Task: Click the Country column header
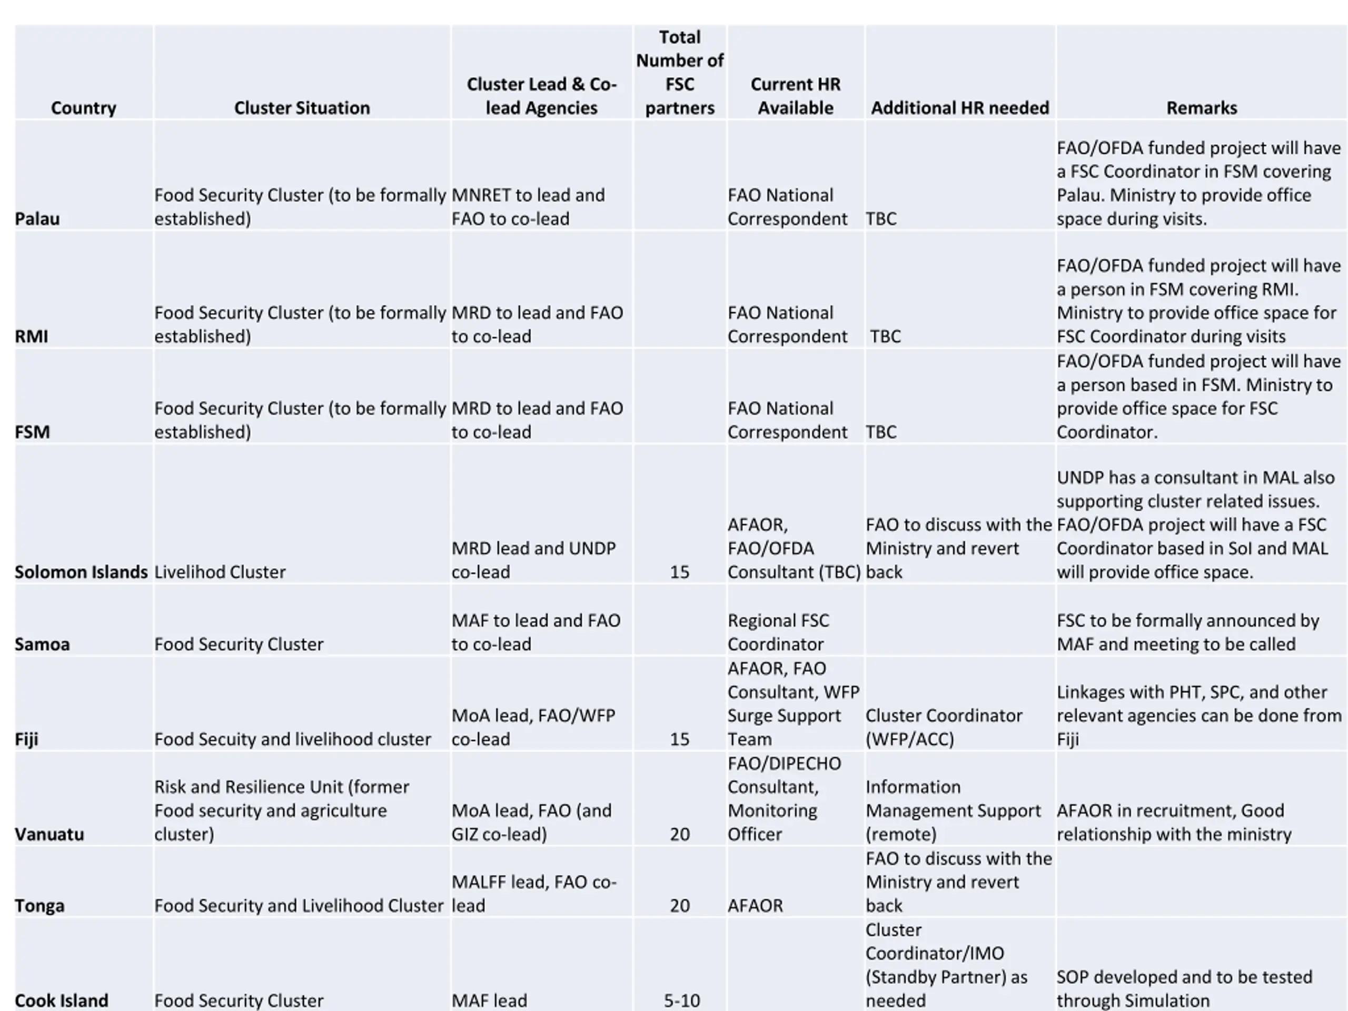coord(84,108)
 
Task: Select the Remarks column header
coord(1201,108)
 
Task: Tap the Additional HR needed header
coord(960,108)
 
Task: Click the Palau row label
coord(37,219)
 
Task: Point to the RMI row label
coord(31,336)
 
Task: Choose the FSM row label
coord(32,432)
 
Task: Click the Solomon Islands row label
coord(81,572)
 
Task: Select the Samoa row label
coord(42,644)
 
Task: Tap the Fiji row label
coord(26,739)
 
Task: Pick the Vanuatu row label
coord(49,834)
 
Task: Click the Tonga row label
coord(39,906)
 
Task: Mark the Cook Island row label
coord(62,1000)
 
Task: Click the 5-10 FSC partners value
coord(681,1000)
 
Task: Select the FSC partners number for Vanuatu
coord(679,834)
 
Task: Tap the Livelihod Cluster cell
coord(220,572)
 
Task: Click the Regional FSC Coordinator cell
coord(778,632)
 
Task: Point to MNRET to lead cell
coord(528,207)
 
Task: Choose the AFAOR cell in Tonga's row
coord(755,906)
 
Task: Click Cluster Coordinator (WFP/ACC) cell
coord(944,727)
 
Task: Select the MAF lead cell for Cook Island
coord(489,1000)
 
